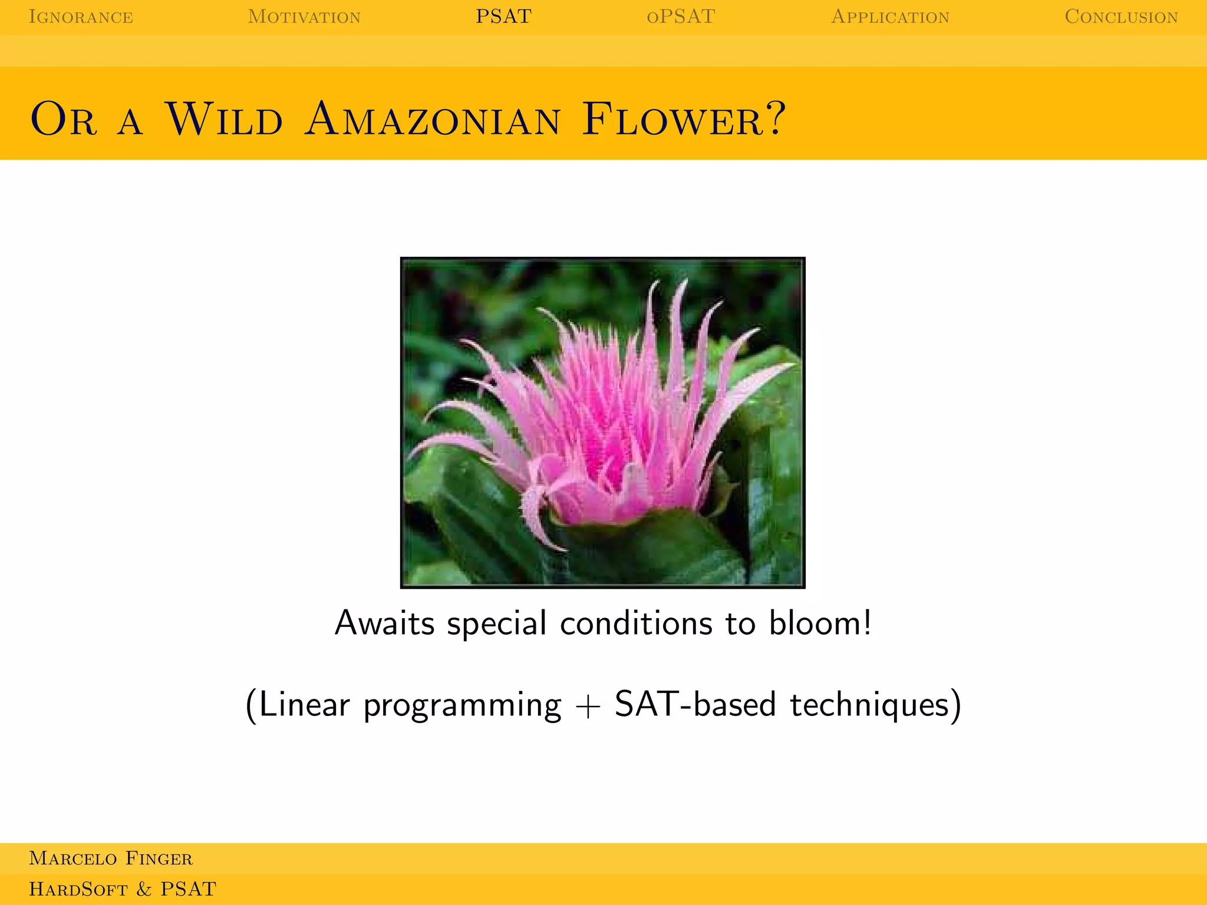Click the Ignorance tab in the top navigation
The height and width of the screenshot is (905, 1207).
[x=81, y=16]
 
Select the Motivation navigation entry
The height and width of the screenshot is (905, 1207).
[x=304, y=16]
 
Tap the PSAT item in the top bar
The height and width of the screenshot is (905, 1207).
[x=504, y=16]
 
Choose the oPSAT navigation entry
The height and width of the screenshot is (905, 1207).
[x=681, y=16]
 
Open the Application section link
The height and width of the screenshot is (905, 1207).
[x=890, y=16]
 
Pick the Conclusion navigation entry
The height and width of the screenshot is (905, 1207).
[x=1121, y=16]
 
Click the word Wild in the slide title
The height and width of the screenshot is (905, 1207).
[x=224, y=120]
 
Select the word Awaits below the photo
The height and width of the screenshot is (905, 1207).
[x=384, y=623]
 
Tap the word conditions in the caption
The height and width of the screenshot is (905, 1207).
[x=636, y=623]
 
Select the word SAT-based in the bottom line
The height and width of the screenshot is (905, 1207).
[x=695, y=704]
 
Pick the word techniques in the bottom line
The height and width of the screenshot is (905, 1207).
[x=869, y=704]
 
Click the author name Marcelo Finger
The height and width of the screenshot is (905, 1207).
[x=111, y=858]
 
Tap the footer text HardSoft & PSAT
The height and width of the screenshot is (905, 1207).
[x=123, y=889]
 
